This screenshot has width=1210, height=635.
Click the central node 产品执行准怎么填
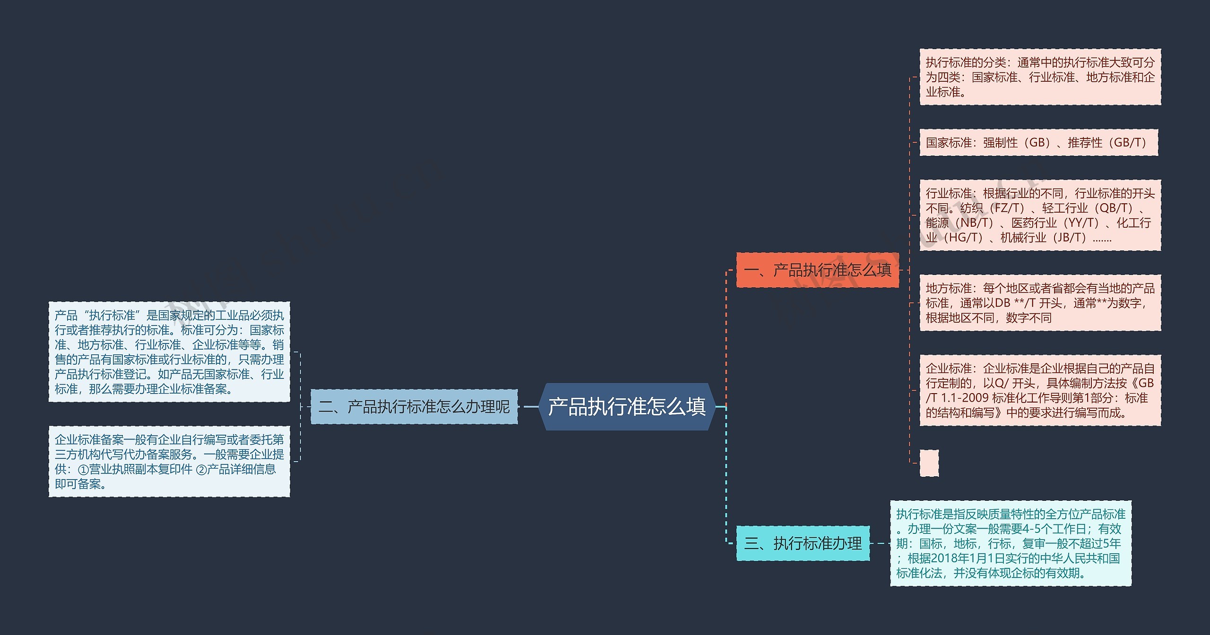click(x=627, y=407)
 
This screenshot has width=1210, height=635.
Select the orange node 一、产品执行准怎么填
click(x=817, y=270)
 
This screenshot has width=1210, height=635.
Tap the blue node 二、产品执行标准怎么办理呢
click(x=414, y=407)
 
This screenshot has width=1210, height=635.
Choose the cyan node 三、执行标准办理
click(x=803, y=543)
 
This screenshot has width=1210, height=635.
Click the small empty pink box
click(x=929, y=463)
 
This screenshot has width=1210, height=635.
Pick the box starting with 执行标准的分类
click(x=1040, y=77)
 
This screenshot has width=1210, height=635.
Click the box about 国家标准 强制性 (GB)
click(x=1038, y=142)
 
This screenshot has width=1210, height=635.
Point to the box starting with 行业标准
click(x=1040, y=215)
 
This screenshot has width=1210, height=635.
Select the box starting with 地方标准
click(x=1040, y=303)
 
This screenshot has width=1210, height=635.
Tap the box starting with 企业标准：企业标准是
click(x=1040, y=390)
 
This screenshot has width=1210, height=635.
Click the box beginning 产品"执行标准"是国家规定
click(x=169, y=352)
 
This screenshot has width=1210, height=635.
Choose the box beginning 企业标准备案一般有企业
click(x=169, y=462)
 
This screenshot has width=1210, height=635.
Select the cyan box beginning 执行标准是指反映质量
click(x=1011, y=543)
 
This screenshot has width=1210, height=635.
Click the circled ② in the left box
click(x=201, y=470)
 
